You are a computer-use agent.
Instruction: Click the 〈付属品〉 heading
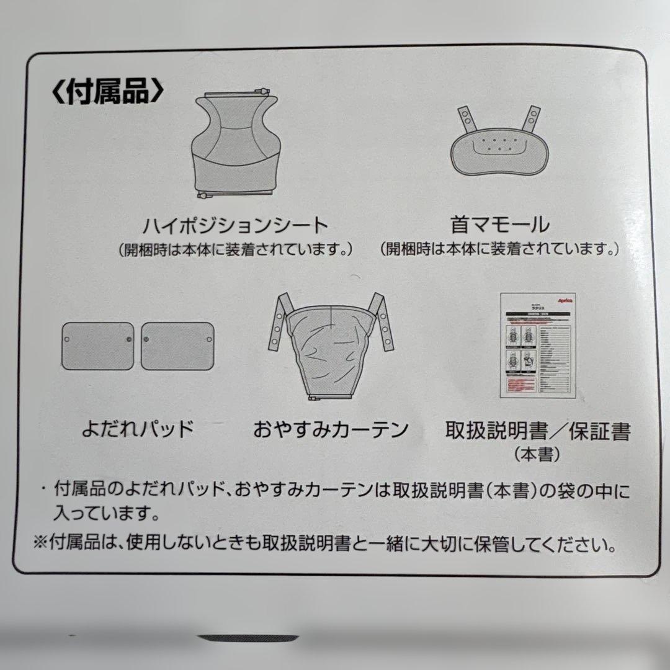click(x=107, y=91)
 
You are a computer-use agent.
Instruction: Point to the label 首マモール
click(x=499, y=223)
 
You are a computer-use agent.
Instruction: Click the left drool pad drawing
click(x=97, y=346)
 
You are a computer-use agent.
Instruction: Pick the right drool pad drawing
click(x=177, y=346)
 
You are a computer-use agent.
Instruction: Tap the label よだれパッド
click(x=138, y=429)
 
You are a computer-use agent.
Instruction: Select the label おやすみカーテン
click(x=331, y=429)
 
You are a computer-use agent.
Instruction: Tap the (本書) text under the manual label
click(x=537, y=455)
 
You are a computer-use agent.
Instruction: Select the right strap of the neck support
click(x=533, y=119)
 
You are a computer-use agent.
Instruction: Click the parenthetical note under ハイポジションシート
click(x=236, y=249)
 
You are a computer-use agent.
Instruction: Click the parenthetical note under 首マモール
click(x=500, y=249)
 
